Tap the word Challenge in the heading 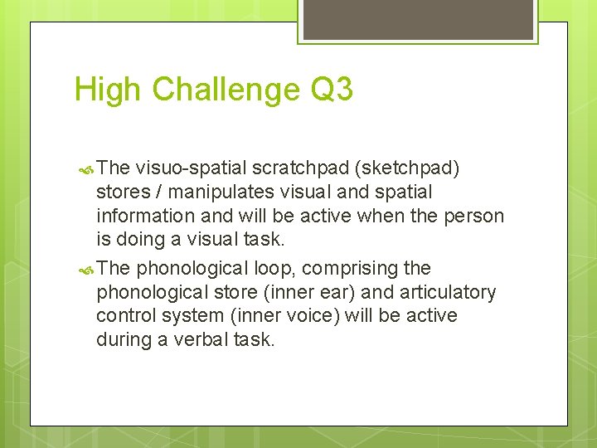tap(221, 90)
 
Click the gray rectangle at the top tap(418, 19)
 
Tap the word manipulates tap(216, 192)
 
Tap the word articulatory tap(449, 293)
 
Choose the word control tap(125, 316)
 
